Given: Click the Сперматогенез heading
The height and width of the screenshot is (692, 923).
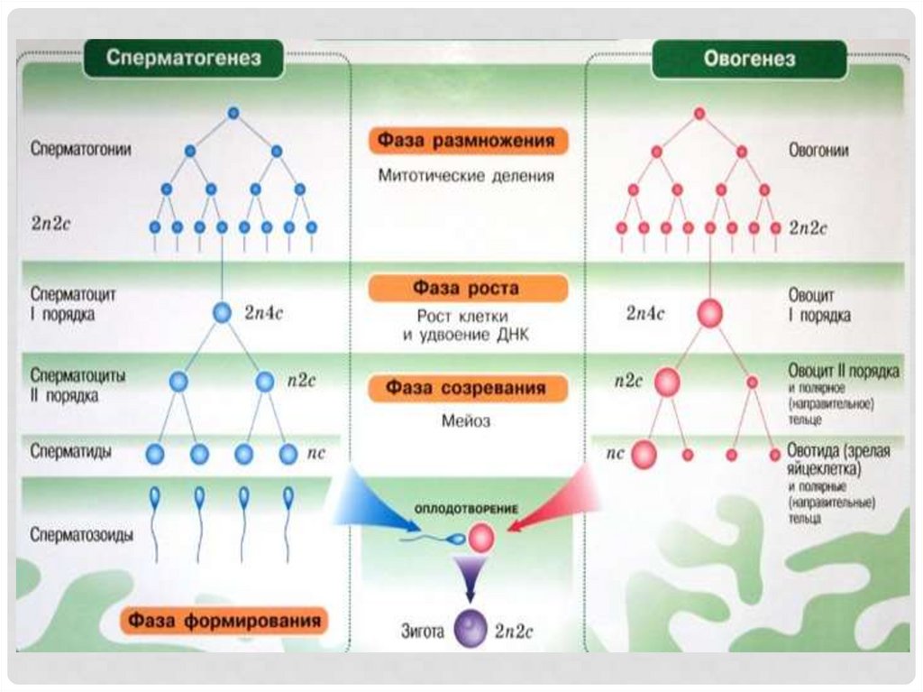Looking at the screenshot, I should [184, 60].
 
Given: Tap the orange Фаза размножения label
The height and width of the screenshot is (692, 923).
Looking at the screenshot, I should [468, 142].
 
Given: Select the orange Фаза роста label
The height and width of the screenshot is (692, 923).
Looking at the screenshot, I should [467, 289].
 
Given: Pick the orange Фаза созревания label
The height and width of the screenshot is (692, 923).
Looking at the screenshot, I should [467, 388].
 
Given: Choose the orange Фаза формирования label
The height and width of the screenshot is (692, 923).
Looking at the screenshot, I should [224, 622].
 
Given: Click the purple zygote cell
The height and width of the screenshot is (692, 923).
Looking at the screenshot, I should [470, 628].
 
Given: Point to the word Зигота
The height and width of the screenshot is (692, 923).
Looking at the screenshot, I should [422, 632].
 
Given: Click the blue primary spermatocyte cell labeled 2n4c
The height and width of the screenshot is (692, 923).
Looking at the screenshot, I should [222, 312].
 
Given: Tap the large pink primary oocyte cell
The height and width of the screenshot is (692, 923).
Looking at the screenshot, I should [710, 314].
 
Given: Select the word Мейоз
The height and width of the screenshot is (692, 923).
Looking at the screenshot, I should [466, 420].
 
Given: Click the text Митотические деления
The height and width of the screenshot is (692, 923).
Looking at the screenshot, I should [466, 175].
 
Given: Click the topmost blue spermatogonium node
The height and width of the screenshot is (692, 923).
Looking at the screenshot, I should [233, 113].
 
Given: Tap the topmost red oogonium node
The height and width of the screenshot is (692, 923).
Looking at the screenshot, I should [699, 113].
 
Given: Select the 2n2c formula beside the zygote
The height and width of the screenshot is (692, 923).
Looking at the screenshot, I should [514, 632].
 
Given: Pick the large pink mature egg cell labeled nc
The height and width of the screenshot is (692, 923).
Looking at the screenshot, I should [644, 455].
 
